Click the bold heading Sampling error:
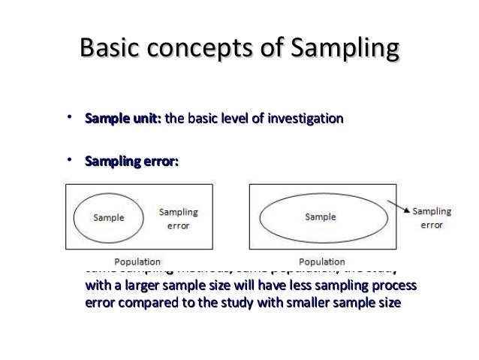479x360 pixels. tap(131, 162)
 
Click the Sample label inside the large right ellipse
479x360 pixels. tap(320, 216)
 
